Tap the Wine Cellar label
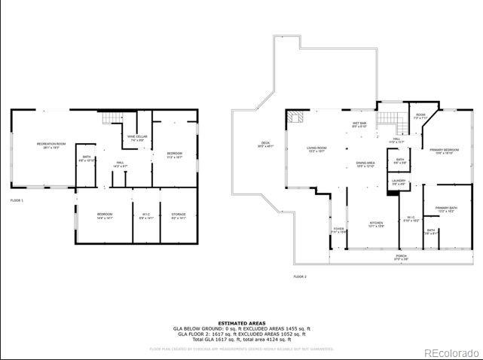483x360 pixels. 137,138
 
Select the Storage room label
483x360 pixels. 179,216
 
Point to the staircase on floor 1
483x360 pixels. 112,117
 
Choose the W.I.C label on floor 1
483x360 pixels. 145,216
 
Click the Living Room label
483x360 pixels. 316,149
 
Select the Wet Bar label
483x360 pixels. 359,125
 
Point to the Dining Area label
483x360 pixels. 365,164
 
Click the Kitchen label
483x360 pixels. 376,224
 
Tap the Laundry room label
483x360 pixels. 399,182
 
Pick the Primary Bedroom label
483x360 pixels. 445,151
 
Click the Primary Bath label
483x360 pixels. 446,209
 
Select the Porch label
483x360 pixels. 401,257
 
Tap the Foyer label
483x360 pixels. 338,230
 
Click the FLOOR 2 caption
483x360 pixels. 300,277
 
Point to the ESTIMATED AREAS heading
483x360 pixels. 241,322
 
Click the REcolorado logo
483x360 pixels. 450,352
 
